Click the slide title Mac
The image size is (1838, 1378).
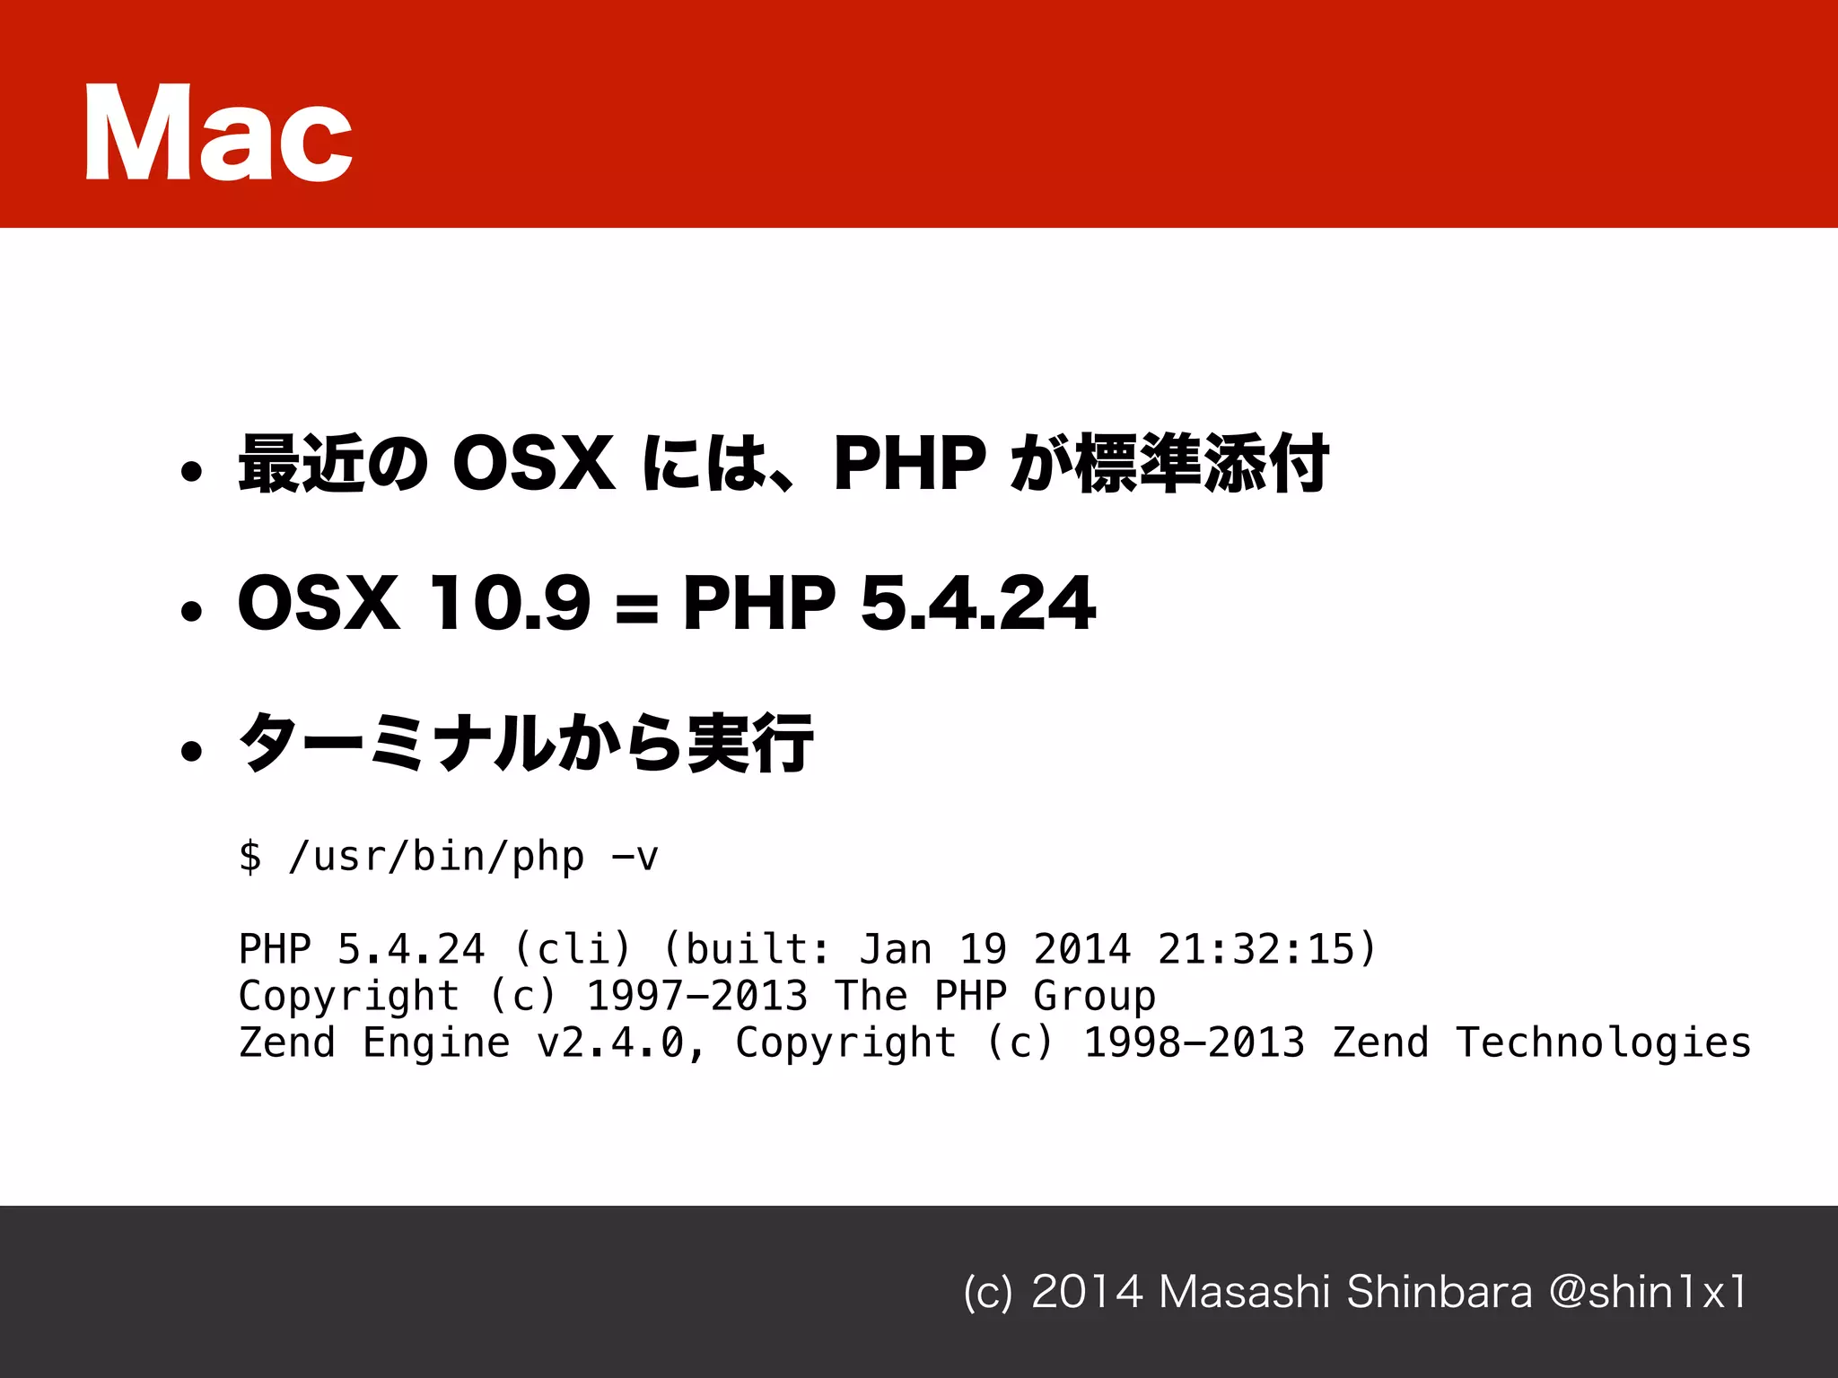pos(218,133)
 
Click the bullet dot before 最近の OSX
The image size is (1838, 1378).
pos(191,471)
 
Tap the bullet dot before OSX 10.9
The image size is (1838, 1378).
pos(191,611)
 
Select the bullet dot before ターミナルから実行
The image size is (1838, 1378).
pos(191,750)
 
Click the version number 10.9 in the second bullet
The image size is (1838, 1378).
pos(509,603)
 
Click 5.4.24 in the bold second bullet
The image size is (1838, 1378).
pos(977,603)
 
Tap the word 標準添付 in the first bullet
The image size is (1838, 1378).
pos(1202,464)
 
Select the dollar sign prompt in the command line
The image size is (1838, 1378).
pos(250,856)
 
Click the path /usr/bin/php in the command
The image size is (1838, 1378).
pos(436,857)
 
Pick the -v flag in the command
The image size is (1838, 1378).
pos(635,857)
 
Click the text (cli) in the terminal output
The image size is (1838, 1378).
pos(573,949)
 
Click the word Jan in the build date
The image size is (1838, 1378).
pos(896,949)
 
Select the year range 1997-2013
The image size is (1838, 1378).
pos(697,996)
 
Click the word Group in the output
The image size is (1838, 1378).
pos(1094,996)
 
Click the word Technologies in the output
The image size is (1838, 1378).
pos(1603,1042)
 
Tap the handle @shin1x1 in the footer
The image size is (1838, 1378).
pos(1648,1292)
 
